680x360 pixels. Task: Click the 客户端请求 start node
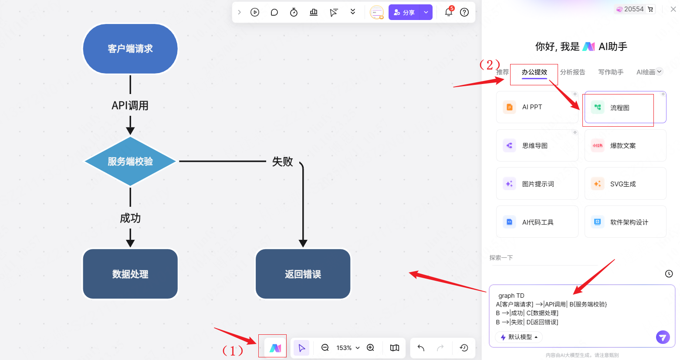130,49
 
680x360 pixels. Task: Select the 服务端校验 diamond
130,161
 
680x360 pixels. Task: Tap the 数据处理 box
130,274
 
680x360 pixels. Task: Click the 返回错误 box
303,274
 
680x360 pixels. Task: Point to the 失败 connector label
282,162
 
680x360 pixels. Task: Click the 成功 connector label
130,218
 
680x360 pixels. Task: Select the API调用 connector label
130,106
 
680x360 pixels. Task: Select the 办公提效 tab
534,72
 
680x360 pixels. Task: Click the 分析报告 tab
572,72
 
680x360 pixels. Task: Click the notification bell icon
448,12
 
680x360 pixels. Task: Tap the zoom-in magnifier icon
370,348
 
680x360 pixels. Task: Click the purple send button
663,337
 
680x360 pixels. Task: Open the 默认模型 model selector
519,337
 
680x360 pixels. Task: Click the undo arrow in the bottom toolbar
421,348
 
